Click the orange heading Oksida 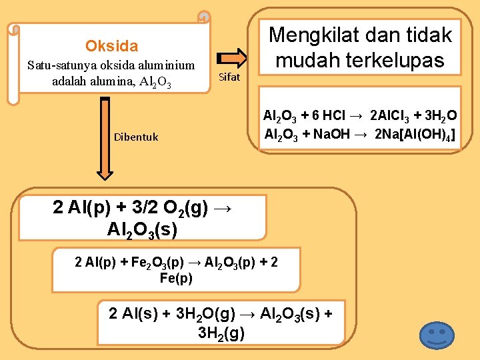tap(111, 46)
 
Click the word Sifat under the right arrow tap(229, 77)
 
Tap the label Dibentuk tap(136, 137)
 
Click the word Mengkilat tap(315, 35)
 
